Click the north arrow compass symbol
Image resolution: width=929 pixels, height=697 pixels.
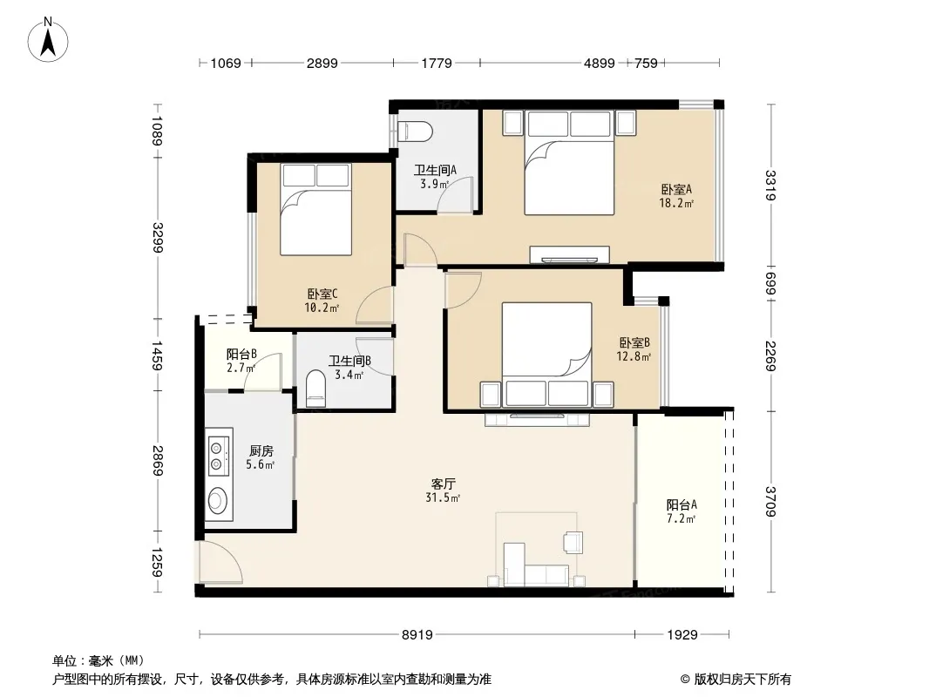pos(48,40)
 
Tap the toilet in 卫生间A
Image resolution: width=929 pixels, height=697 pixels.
pos(415,132)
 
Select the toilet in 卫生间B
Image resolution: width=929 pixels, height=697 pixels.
pos(315,389)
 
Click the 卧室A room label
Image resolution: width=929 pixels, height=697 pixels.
pos(676,196)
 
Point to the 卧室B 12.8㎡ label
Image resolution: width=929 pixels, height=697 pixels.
pos(634,349)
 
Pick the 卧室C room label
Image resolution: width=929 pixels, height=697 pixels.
pos(322,301)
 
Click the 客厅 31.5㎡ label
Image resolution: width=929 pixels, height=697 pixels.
pos(443,491)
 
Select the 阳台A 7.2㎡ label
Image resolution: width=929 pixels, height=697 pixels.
pos(681,511)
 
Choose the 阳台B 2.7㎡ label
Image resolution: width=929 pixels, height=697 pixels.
pos(241,361)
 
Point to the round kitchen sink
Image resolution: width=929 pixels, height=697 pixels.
pos(218,501)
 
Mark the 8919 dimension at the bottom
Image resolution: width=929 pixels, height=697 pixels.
pos(417,635)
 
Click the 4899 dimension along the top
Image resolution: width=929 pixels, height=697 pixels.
pos(599,63)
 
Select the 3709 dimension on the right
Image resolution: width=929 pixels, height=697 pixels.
pos(770,501)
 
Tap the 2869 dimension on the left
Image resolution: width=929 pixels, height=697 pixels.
pos(158,460)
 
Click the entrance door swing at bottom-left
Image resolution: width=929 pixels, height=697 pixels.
pos(220,563)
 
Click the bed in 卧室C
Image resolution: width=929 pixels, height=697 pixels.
pos(315,210)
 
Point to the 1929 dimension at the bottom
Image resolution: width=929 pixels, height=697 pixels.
pos(682,635)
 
